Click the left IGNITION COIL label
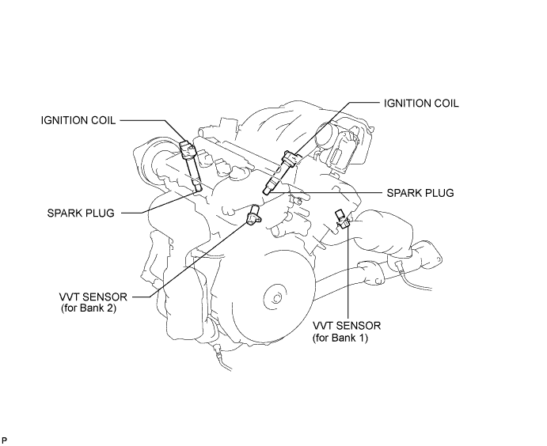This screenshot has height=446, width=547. pyautogui.click(x=78, y=120)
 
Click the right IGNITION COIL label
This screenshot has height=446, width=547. pyautogui.click(x=421, y=103)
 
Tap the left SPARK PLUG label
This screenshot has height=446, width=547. pyautogui.click(x=81, y=213)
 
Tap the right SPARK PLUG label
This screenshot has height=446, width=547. pyautogui.click(x=420, y=193)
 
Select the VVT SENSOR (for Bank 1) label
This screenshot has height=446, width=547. pyautogui.click(x=347, y=331)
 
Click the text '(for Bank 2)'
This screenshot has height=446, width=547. pyautogui.click(x=89, y=308)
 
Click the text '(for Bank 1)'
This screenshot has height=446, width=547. pyautogui.click(x=340, y=338)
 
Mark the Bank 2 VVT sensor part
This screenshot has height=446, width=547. pyautogui.click(x=253, y=214)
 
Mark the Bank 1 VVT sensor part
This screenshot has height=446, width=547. pyautogui.click(x=343, y=220)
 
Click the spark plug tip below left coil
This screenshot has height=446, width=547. pyautogui.click(x=198, y=188)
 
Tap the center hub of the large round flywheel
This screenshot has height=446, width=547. pyautogui.click(x=276, y=298)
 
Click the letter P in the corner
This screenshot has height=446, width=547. pyautogui.click(x=5, y=440)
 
